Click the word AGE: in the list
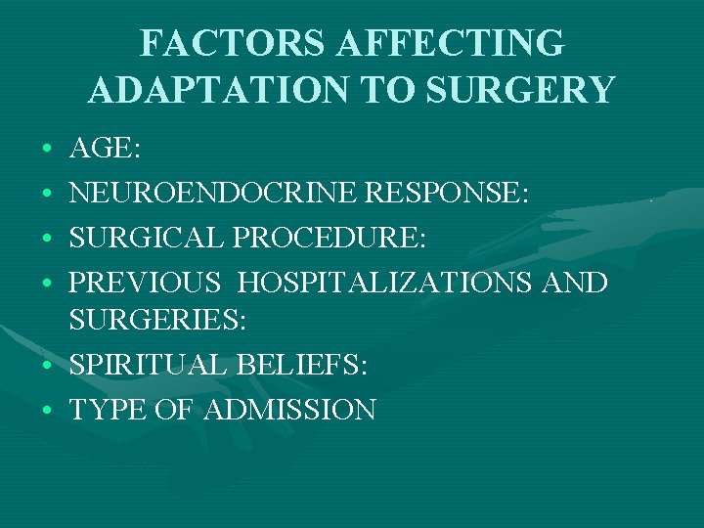(105, 149)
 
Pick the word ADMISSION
(290, 409)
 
